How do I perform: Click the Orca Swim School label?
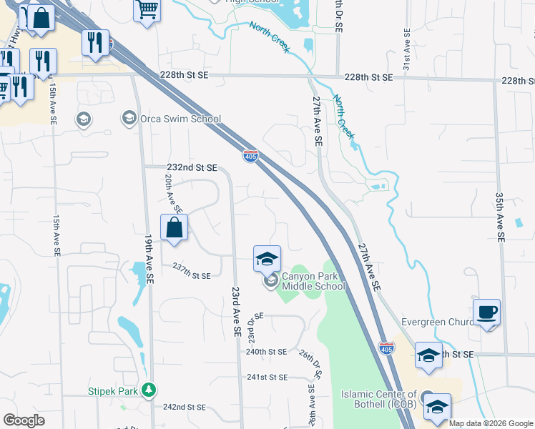coord(181,119)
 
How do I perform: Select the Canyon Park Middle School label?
coord(313,281)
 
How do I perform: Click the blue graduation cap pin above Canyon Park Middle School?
coord(267,259)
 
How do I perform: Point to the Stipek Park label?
coord(112,391)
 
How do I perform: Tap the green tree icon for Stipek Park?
coord(149,390)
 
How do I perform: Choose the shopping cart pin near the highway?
coord(147,10)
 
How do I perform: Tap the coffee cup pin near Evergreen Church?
coord(486,312)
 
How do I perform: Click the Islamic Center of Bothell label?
coord(379,400)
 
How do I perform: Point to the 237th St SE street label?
coord(191,275)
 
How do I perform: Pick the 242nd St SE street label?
coord(184,407)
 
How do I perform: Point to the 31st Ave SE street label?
coord(406,50)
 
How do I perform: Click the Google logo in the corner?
coord(24,420)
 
